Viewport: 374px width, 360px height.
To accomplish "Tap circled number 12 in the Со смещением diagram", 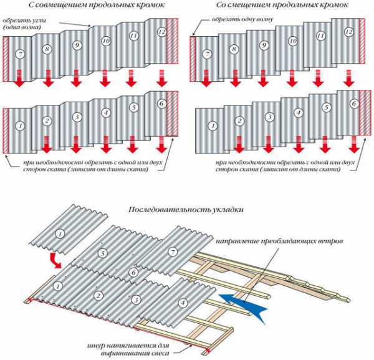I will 348,32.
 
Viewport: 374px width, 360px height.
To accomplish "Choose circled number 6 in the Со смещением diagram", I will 354,105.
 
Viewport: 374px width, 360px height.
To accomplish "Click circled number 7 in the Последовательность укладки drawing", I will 173,251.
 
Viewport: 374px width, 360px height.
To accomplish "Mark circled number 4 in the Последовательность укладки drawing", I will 182,304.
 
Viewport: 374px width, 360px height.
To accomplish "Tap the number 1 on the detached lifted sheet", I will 60,234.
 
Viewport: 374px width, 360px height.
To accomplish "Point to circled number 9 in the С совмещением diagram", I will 77,45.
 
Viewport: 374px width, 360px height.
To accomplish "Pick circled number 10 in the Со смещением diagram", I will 292,41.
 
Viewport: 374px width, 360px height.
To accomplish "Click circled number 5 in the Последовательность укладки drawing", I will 104,253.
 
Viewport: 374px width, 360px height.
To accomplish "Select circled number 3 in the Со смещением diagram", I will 269,117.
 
